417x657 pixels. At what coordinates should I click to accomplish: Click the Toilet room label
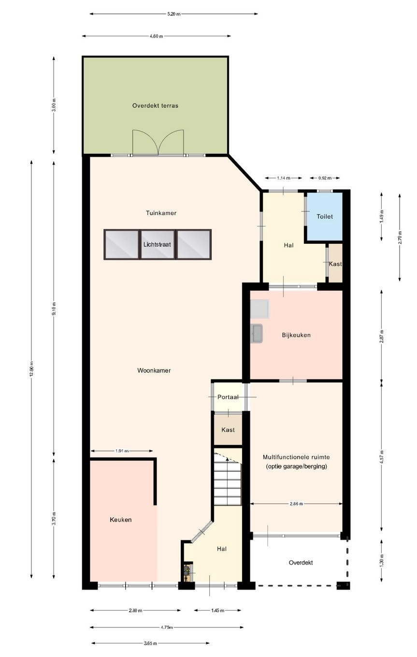tap(324, 216)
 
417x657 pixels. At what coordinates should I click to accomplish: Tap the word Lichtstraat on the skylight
tap(157, 244)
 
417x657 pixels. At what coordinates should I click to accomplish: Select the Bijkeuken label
tap(296, 335)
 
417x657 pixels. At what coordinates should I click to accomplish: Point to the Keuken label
tap(121, 520)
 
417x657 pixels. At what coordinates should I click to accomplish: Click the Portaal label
tap(228, 397)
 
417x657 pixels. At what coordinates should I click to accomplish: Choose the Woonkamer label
tap(154, 371)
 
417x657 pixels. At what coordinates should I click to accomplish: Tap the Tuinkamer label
tap(161, 213)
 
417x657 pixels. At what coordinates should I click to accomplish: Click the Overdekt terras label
tap(155, 105)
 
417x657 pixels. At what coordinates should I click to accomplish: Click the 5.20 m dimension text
tap(174, 14)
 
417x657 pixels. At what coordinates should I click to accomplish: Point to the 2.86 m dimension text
tap(296, 504)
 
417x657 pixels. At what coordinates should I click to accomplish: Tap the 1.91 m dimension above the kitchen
tap(122, 451)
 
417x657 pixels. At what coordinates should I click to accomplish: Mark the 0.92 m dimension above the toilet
tap(325, 178)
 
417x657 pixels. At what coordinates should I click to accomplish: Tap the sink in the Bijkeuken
tap(257, 333)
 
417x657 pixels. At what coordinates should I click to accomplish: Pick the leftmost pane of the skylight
tap(122, 244)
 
